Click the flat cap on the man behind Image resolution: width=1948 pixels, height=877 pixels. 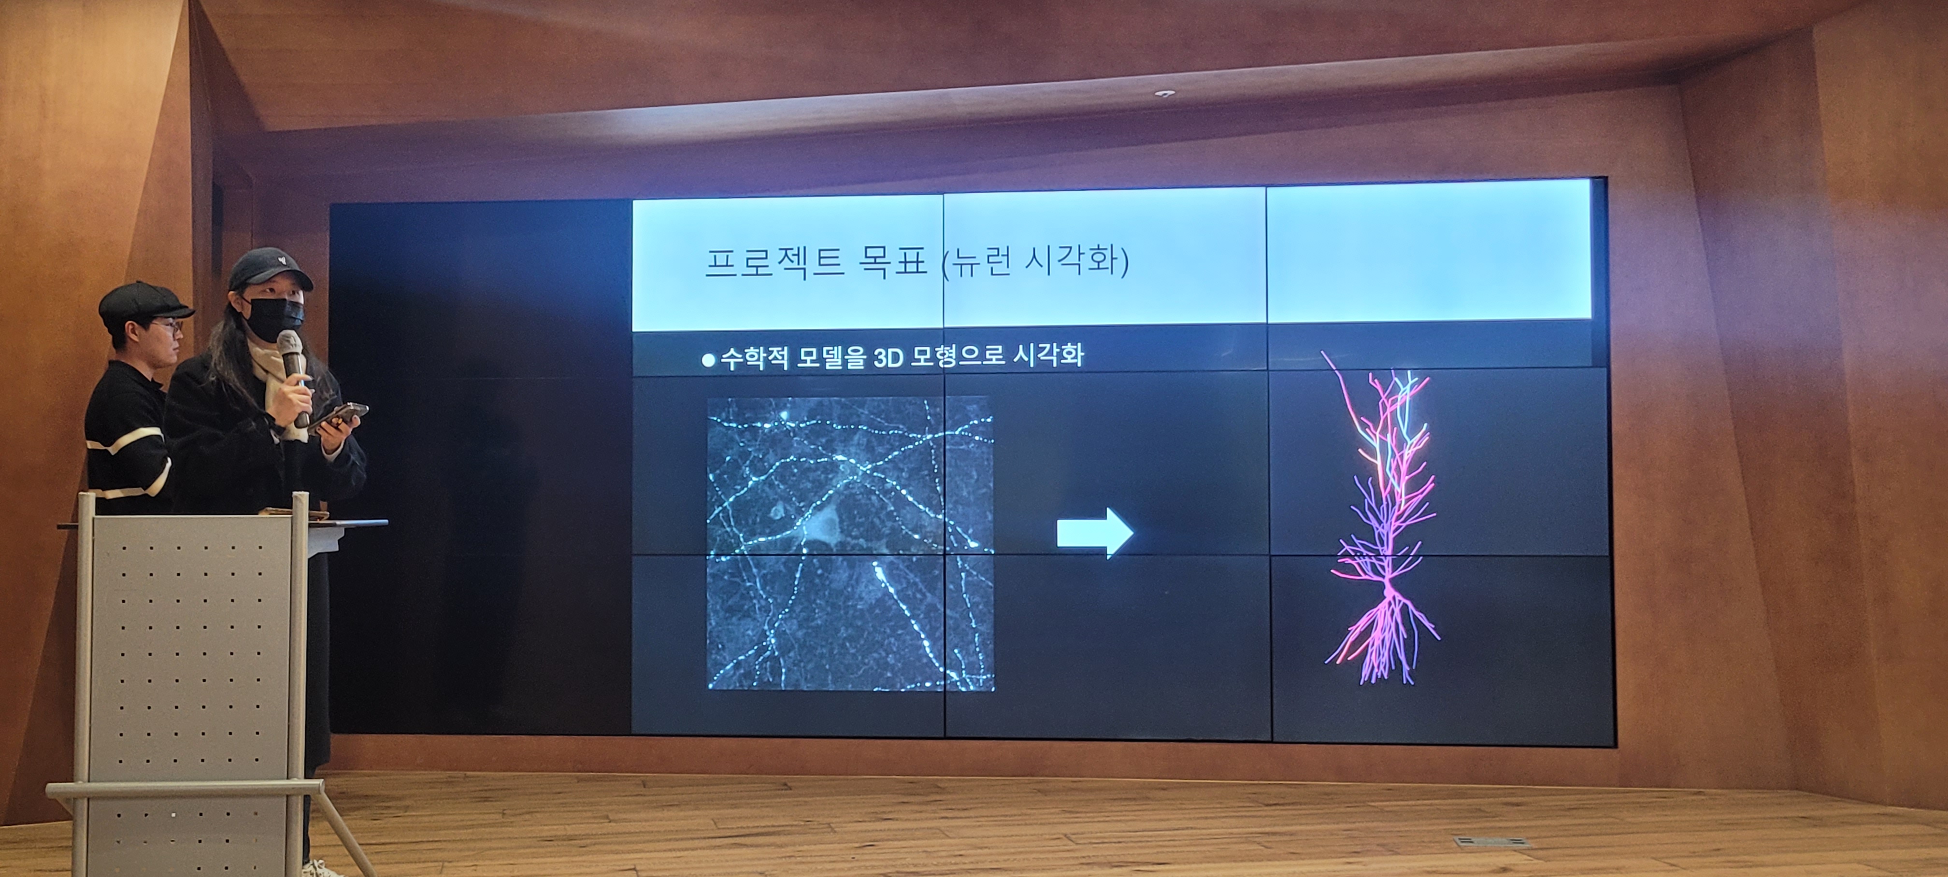(143, 301)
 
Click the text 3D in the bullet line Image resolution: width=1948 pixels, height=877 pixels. (888, 357)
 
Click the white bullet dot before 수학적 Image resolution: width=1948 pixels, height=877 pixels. (708, 361)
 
